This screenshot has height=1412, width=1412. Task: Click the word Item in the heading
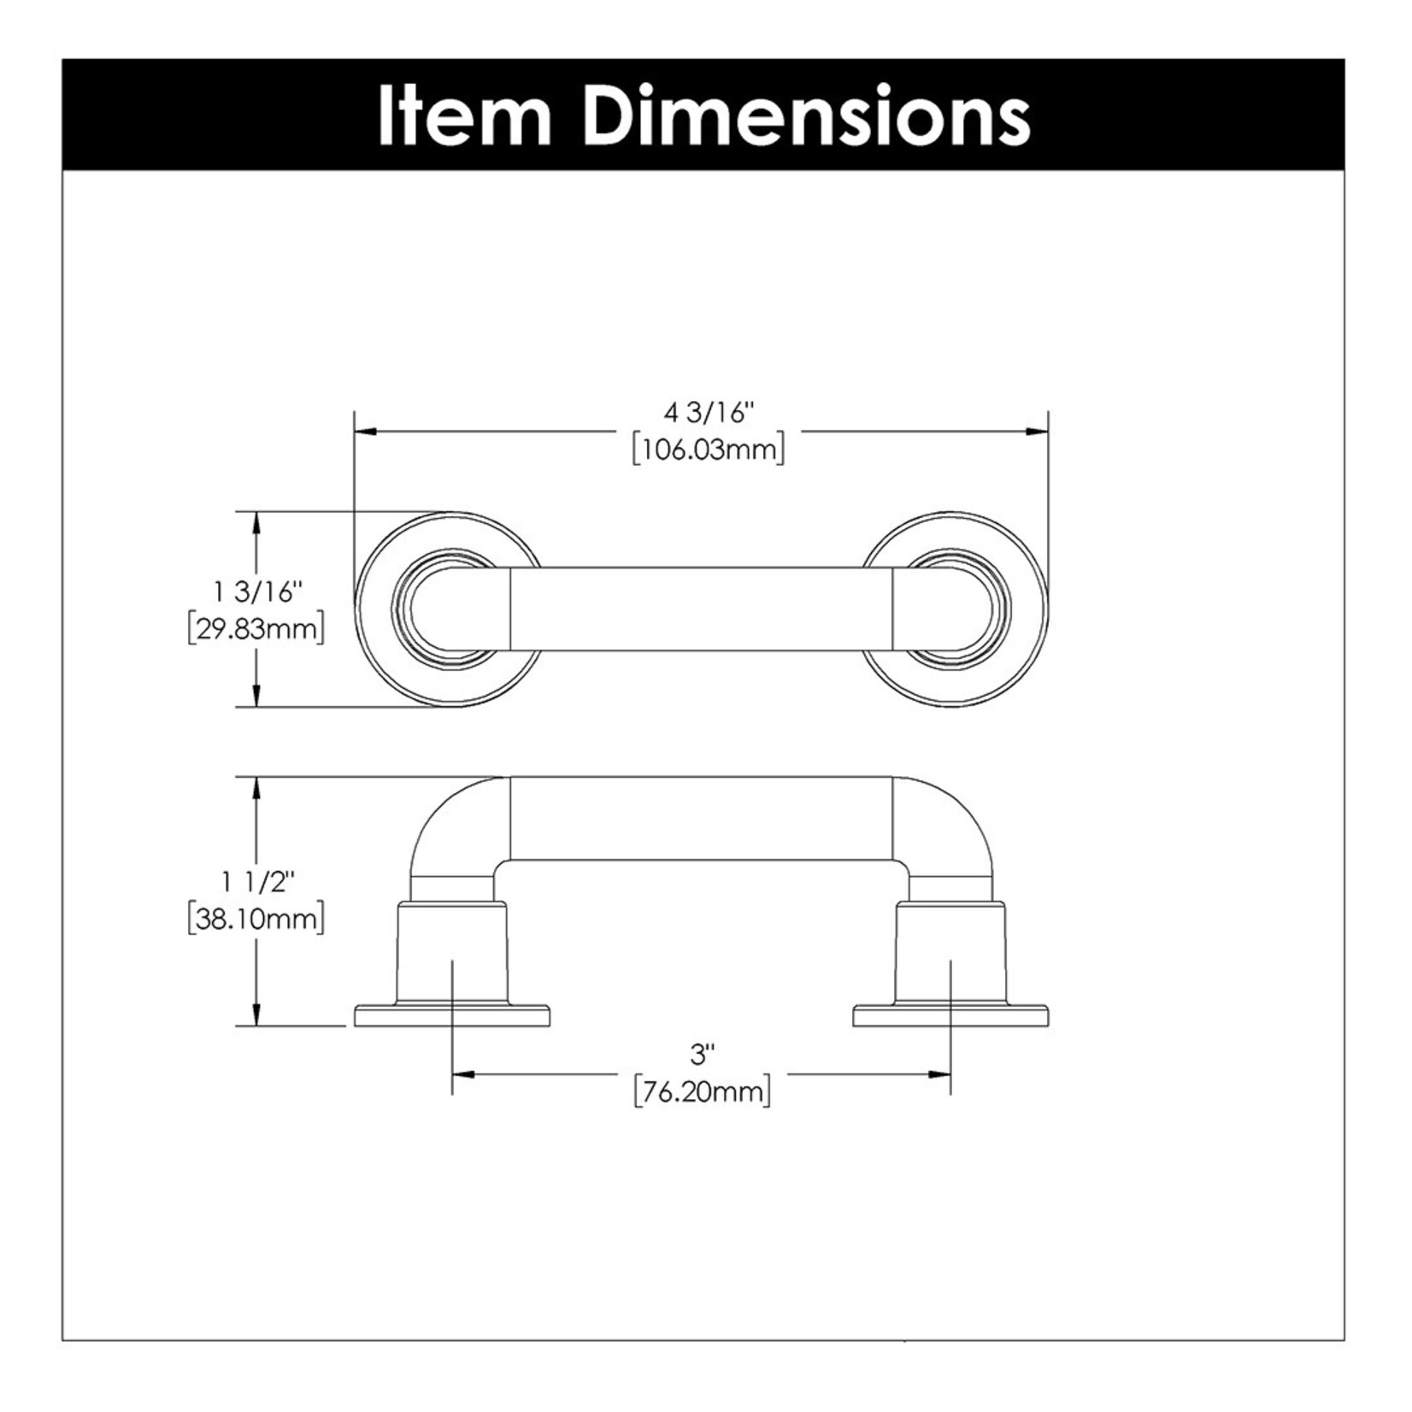click(x=464, y=115)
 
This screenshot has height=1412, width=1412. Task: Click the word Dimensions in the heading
click(x=809, y=115)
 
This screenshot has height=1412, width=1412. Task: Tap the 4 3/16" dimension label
click(x=709, y=413)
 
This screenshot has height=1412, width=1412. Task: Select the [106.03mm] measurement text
click(x=708, y=450)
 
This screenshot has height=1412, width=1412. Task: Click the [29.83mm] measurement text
click(x=256, y=629)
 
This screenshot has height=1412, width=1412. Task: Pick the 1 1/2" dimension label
click(x=257, y=881)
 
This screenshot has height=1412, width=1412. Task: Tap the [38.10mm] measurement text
click(x=256, y=920)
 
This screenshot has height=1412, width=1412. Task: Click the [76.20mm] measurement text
click(x=702, y=1091)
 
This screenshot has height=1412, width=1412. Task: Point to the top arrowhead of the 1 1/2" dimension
click(x=256, y=788)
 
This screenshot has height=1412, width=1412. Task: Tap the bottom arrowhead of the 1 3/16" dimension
click(x=256, y=696)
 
